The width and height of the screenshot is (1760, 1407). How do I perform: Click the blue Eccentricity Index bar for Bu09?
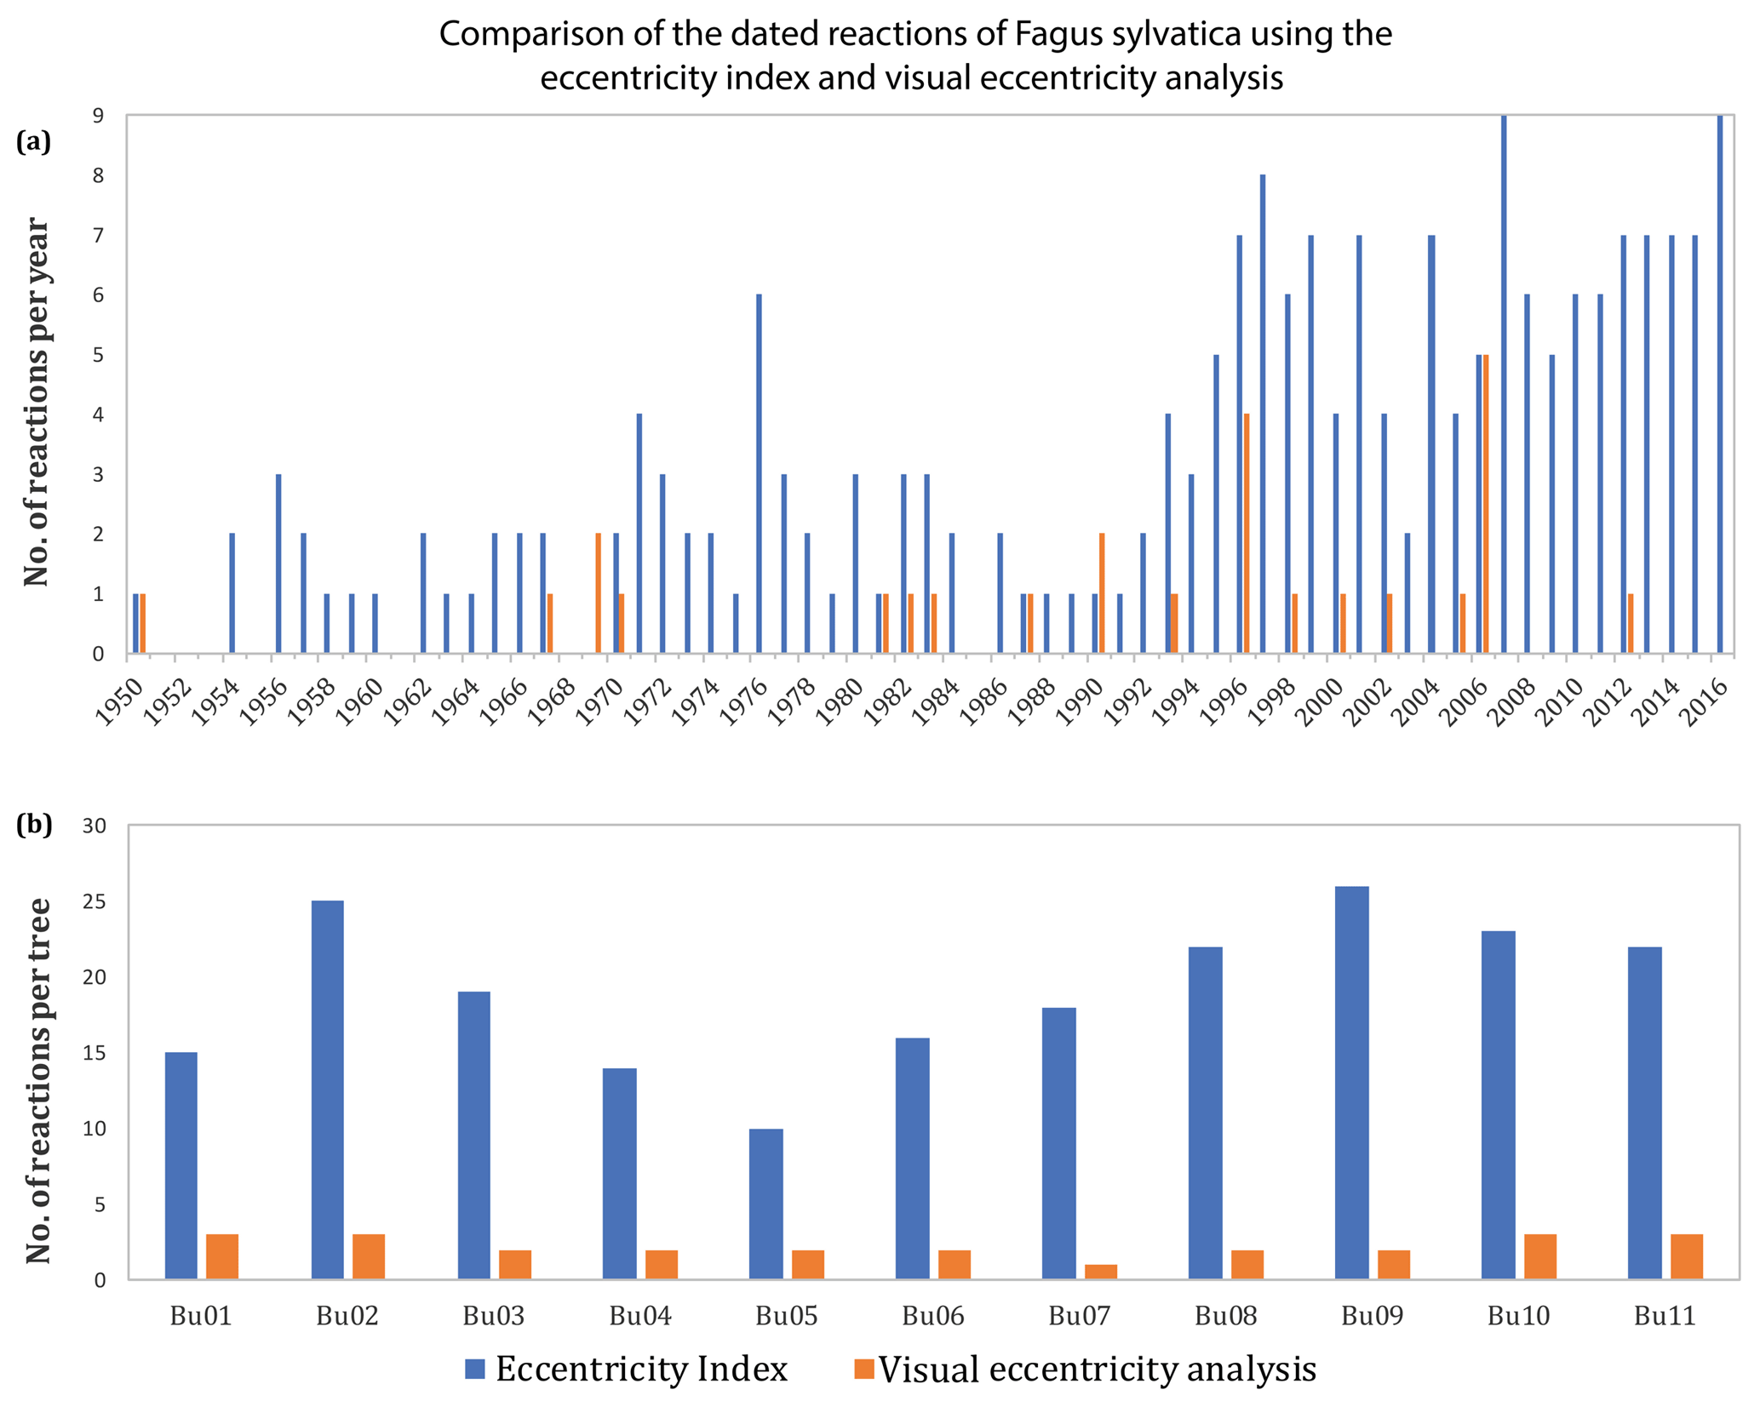coord(1351,1083)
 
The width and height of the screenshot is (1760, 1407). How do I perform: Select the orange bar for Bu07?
coord(1101,1271)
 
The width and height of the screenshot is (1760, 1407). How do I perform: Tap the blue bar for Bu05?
coord(765,1204)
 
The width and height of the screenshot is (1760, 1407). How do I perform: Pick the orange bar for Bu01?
coord(222,1256)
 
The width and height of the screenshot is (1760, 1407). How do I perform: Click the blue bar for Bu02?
coord(328,1090)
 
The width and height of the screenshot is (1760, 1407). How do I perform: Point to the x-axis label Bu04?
coord(640,1316)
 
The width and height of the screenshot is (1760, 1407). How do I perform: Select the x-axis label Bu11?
coord(1665,1316)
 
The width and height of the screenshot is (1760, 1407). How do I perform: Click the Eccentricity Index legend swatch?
coord(474,1369)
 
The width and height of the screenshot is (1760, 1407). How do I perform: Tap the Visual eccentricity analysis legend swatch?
coord(864,1369)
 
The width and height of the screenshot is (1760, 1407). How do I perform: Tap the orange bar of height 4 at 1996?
coord(1247,534)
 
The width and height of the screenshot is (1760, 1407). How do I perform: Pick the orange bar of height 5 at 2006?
coord(1486,504)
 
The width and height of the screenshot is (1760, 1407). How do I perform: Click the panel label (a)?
coord(34,141)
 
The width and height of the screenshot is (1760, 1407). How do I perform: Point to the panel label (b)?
coord(34,824)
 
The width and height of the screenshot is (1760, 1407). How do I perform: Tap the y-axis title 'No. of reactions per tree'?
coord(37,1081)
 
